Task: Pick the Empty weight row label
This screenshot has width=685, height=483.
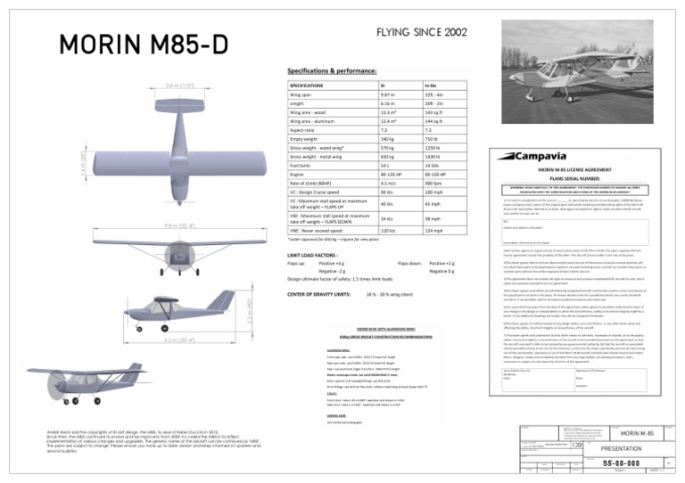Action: tap(308, 138)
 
